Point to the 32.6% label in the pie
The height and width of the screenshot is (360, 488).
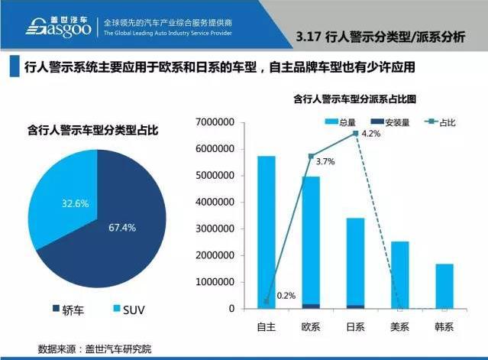point(76,203)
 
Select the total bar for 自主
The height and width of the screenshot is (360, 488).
point(267,229)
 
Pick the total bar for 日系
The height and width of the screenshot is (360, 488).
point(356,260)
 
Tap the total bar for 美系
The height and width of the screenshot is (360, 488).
point(400,275)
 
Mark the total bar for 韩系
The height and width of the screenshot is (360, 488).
point(444,287)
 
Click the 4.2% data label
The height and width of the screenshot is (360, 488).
point(370,135)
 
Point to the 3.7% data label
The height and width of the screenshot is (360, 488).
point(325,161)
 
